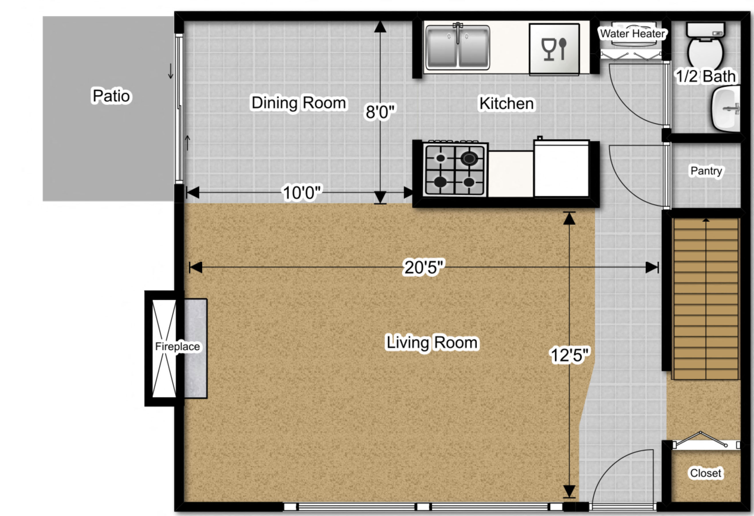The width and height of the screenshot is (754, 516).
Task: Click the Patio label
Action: [111, 96]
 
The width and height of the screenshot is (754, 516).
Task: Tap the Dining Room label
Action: [299, 103]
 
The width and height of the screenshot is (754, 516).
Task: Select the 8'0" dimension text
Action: [380, 112]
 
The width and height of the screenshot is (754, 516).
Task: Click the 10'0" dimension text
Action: [302, 193]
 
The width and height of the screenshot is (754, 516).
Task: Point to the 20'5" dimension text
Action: [423, 267]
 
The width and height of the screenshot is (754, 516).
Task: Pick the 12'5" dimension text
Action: [570, 355]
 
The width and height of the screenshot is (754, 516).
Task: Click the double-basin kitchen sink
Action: [457, 48]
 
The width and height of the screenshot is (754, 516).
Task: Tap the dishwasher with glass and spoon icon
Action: [554, 49]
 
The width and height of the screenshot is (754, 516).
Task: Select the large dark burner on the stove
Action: [469, 159]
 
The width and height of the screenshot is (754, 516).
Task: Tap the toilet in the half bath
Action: [705, 49]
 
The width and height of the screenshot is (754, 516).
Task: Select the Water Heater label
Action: [632, 34]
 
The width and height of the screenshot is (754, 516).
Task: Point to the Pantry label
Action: [706, 171]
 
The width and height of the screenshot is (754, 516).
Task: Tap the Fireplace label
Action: [177, 347]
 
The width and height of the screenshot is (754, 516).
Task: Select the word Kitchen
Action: [506, 103]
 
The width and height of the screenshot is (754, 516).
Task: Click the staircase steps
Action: [705, 299]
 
